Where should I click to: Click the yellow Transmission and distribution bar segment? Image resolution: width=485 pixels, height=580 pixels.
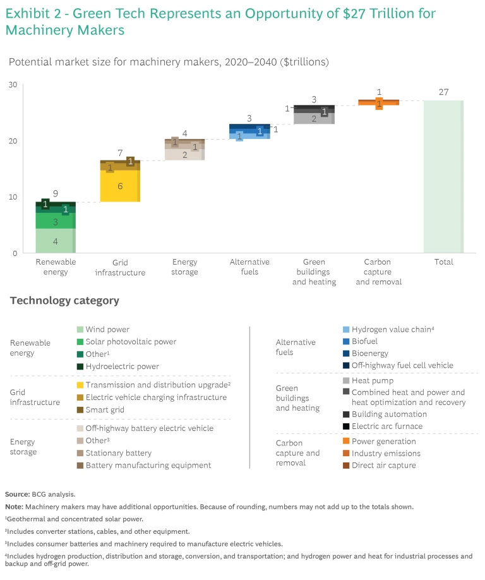tap(120, 186)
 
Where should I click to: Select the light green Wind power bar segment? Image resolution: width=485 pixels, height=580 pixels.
tap(56, 241)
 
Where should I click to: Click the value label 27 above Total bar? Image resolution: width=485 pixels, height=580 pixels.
tap(443, 92)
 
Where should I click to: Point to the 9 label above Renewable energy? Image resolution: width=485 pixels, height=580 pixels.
tap(56, 194)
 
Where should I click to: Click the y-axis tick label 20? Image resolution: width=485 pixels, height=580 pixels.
tap(12, 141)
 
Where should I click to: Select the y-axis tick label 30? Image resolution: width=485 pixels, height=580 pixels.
tap(12, 85)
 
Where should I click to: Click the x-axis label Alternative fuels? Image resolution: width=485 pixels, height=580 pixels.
tap(249, 267)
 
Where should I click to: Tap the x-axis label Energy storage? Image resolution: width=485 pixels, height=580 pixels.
tap(184, 267)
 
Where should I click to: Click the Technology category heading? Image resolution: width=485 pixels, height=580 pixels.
tap(64, 301)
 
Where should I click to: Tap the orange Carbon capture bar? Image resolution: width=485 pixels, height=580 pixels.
tap(378, 102)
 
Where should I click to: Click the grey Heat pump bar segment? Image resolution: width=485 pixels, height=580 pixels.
tap(314, 117)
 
